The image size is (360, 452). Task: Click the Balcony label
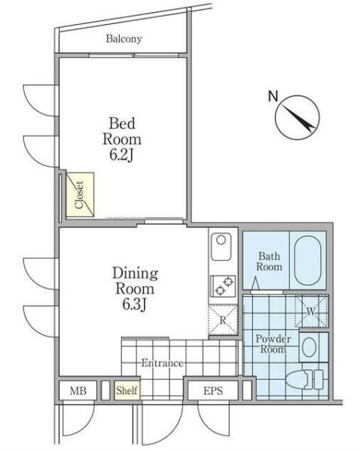tap(124, 38)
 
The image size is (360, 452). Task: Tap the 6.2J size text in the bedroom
tap(122, 155)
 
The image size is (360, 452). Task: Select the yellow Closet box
tap(80, 194)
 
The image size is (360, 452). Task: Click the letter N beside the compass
tap(273, 96)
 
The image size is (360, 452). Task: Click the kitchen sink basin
tap(221, 247)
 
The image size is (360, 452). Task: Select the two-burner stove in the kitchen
tap(224, 286)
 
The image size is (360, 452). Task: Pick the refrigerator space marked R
tap(223, 320)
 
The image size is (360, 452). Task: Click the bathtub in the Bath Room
tap(308, 261)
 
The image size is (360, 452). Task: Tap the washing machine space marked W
tap(311, 311)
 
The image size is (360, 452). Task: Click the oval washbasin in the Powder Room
tap(310, 347)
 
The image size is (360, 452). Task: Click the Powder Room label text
tap(273, 344)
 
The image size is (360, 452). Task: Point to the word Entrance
tap(162, 363)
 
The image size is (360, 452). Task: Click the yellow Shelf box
tap(127, 390)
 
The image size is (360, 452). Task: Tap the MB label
tap(78, 391)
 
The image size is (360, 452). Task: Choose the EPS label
tap(213, 391)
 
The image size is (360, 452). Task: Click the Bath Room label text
tap(269, 261)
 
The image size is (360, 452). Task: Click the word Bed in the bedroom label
tap(122, 124)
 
